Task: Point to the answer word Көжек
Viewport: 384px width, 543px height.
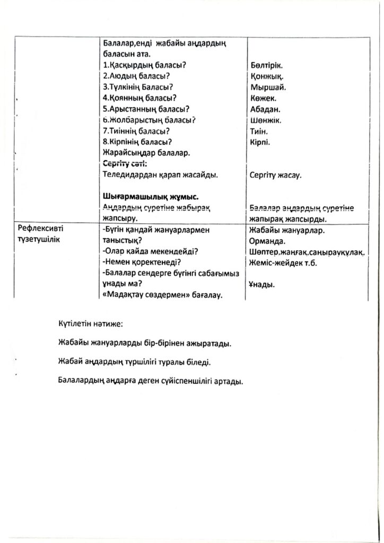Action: [263, 98]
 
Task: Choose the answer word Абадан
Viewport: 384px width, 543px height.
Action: [265, 109]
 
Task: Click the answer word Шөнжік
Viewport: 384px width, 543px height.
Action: [265, 120]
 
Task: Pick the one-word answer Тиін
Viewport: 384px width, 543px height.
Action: [259, 132]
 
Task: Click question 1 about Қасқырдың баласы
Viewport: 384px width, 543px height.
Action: [147, 65]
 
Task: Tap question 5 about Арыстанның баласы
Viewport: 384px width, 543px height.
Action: [146, 109]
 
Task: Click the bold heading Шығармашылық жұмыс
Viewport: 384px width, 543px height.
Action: [150, 196]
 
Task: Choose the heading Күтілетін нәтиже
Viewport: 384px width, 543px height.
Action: [91, 323]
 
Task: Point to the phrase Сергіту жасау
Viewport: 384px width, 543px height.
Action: [275, 175]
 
